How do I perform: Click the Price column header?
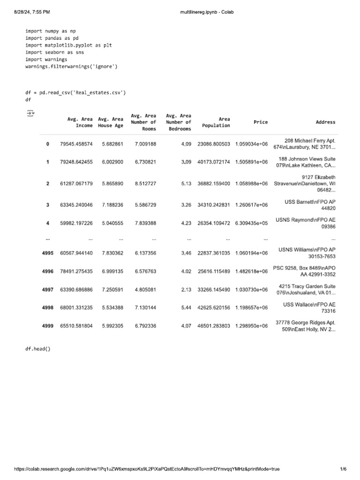[x=261, y=122]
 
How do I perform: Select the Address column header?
[x=325, y=122]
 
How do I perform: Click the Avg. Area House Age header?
[x=111, y=122]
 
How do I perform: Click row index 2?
[x=48, y=183]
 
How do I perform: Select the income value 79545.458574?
[x=76, y=144]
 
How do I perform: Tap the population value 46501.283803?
[x=214, y=326]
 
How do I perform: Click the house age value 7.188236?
[x=112, y=205]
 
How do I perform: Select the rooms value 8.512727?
[x=145, y=183]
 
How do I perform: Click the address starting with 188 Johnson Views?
[x=306, y=162]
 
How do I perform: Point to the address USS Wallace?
[x=309, y=307]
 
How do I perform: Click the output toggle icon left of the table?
[x=30, y=113]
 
